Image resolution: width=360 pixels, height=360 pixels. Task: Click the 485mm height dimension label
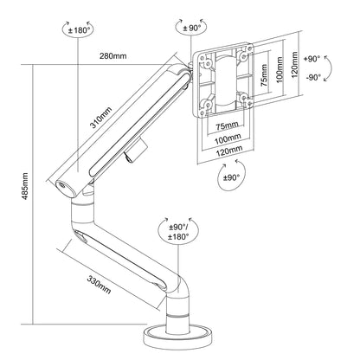click(25, 186)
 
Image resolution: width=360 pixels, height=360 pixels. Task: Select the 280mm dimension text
click(113, 55)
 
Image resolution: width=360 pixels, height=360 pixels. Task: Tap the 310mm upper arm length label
click(100, 117)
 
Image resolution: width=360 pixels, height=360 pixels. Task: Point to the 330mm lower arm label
click(99, 285)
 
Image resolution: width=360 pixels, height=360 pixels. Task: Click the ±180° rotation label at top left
click(79, 30)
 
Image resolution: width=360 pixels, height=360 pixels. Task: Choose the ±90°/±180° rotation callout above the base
click(179, 232)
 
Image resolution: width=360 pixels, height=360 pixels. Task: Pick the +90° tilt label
click(312, 59)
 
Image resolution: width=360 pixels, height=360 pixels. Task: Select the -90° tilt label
click(313, 77)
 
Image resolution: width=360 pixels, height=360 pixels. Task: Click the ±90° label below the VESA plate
click(232, 177)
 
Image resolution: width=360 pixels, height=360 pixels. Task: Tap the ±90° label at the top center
click(192, 28)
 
